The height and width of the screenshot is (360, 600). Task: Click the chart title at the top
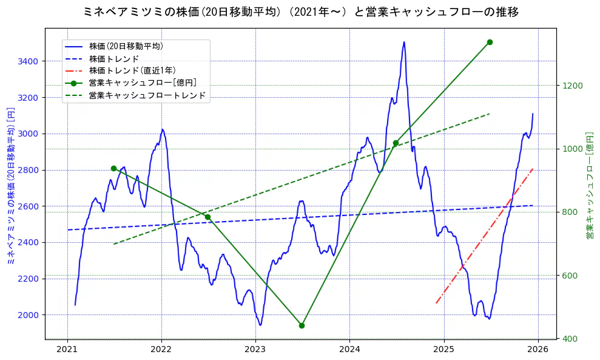click(x=300, y=12)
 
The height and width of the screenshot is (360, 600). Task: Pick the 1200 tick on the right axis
click(x=572, y=86)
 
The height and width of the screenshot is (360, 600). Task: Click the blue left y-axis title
click(x=10, y=188)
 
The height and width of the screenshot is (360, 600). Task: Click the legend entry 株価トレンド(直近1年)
click(x=132, y=70)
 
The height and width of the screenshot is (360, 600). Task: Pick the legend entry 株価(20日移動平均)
click(x=126, y=46)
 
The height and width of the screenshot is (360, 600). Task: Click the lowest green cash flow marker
click(x=302, y=325)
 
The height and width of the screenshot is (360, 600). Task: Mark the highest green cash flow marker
click(x=490, y=42)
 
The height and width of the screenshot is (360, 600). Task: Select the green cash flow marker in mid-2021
click(x=113, y=168)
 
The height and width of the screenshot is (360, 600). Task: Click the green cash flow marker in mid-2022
click(x=207, y=217)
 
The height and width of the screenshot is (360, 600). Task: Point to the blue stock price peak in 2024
click(x=404, y=42)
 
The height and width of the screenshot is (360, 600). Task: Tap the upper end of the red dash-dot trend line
click(x=533, y=169)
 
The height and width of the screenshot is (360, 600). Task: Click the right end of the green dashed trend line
click(x=490, y=114)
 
